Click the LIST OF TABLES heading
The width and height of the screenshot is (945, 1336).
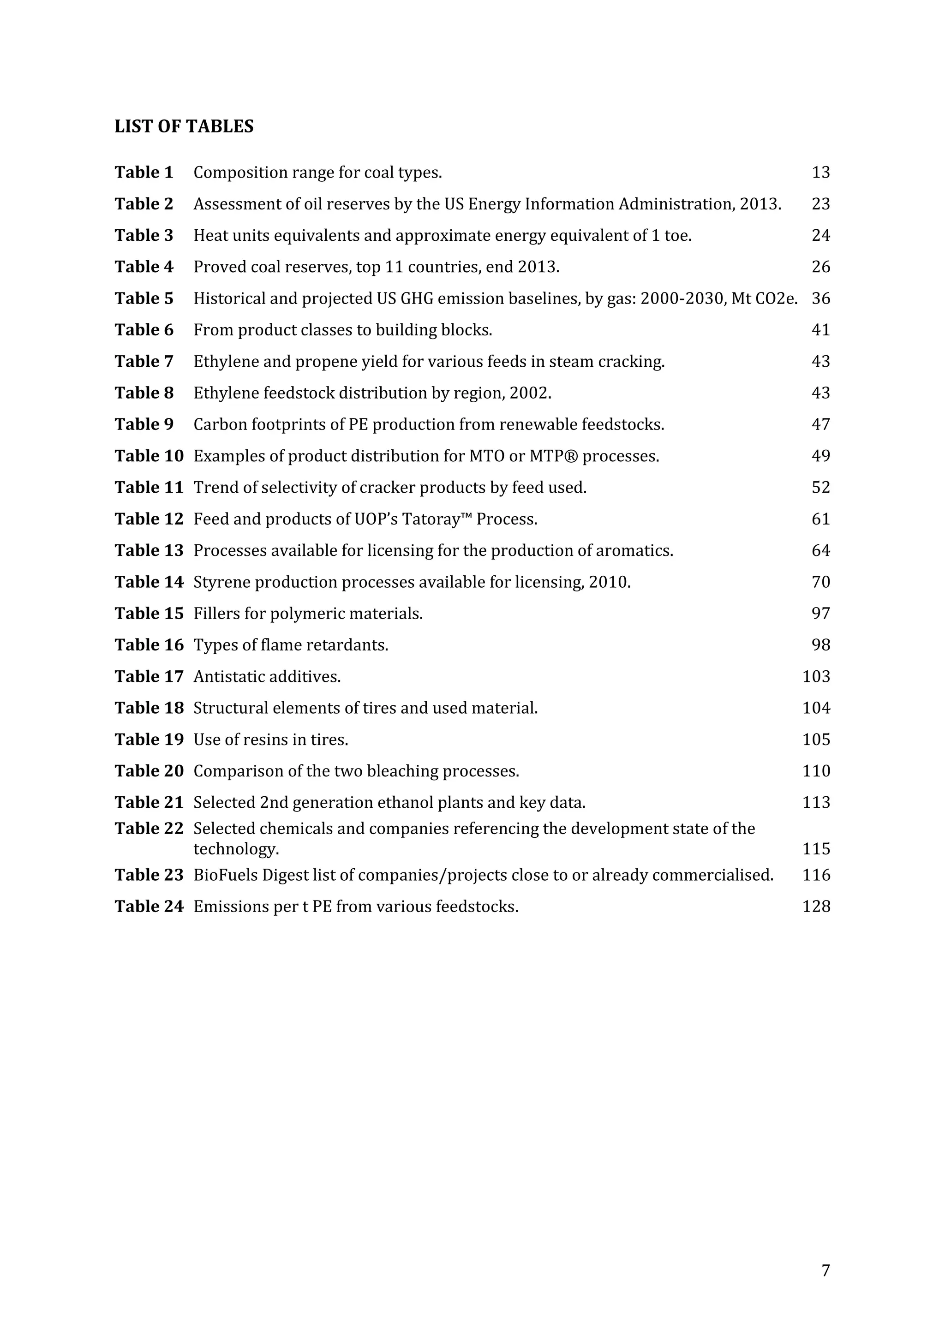(x=184, y=126)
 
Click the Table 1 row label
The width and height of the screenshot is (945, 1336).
(x=144, y=172)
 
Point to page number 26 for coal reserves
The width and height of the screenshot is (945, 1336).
(x=820, y=267)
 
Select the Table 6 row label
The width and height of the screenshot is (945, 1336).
(x=144, y=330)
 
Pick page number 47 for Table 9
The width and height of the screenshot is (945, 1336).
(x=820, y=424)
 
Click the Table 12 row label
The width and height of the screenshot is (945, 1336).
(x=149, y=519)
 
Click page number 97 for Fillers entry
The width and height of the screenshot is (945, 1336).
(x=820, y=613)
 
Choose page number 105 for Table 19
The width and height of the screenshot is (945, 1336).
(x=816, y=739)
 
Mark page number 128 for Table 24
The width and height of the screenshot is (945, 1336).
(x=816, y=907)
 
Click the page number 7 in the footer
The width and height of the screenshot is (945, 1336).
(x=825, y=1271)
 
